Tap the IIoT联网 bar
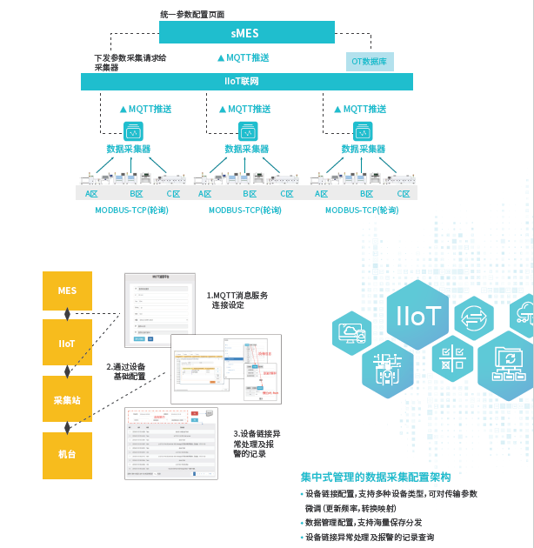click(x=248, y=82)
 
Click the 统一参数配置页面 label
click(x=193, y=13)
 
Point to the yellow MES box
click(x=67, y=291)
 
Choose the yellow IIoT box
click(x=67, y=343)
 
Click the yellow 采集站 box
click(x=67, y=399)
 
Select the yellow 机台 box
click(x=67, y=455)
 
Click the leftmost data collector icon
click(x=134, y=132)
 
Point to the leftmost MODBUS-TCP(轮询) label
click(x=131, y=211)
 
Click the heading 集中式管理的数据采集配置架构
click(x=375, y=478)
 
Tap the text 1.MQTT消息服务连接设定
click(x=237, y=300)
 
